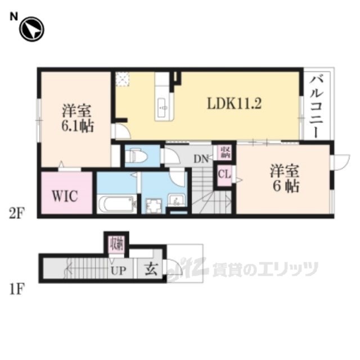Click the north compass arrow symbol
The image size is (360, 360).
click(31, 30)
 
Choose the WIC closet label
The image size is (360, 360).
click(65, 196)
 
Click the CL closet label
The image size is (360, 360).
click(224, 174)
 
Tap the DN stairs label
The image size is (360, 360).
click(201, 159)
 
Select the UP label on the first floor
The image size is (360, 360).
click(118, 270)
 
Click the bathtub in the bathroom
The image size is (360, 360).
click(116, 204)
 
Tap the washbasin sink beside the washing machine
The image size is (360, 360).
click(177, 200)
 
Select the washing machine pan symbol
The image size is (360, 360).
click(151, 205)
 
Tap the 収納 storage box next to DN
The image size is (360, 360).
click(226, 150)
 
